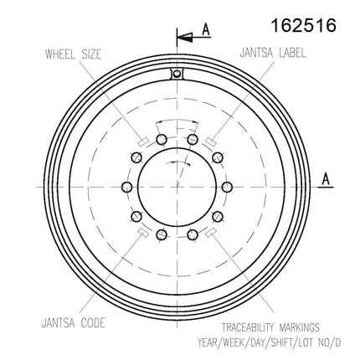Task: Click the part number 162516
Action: tap(304, 26)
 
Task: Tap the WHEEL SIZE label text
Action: tap(73, 54)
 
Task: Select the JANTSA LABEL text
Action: tap(273, 53)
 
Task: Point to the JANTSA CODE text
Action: tap(74, 323)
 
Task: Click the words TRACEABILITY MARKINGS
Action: tap(270, 327)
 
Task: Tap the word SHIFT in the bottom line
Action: tap(282, 342)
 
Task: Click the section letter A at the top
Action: tap(206, 29)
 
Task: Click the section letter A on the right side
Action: tap(326, 179)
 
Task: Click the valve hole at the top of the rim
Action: tap(177, 74)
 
